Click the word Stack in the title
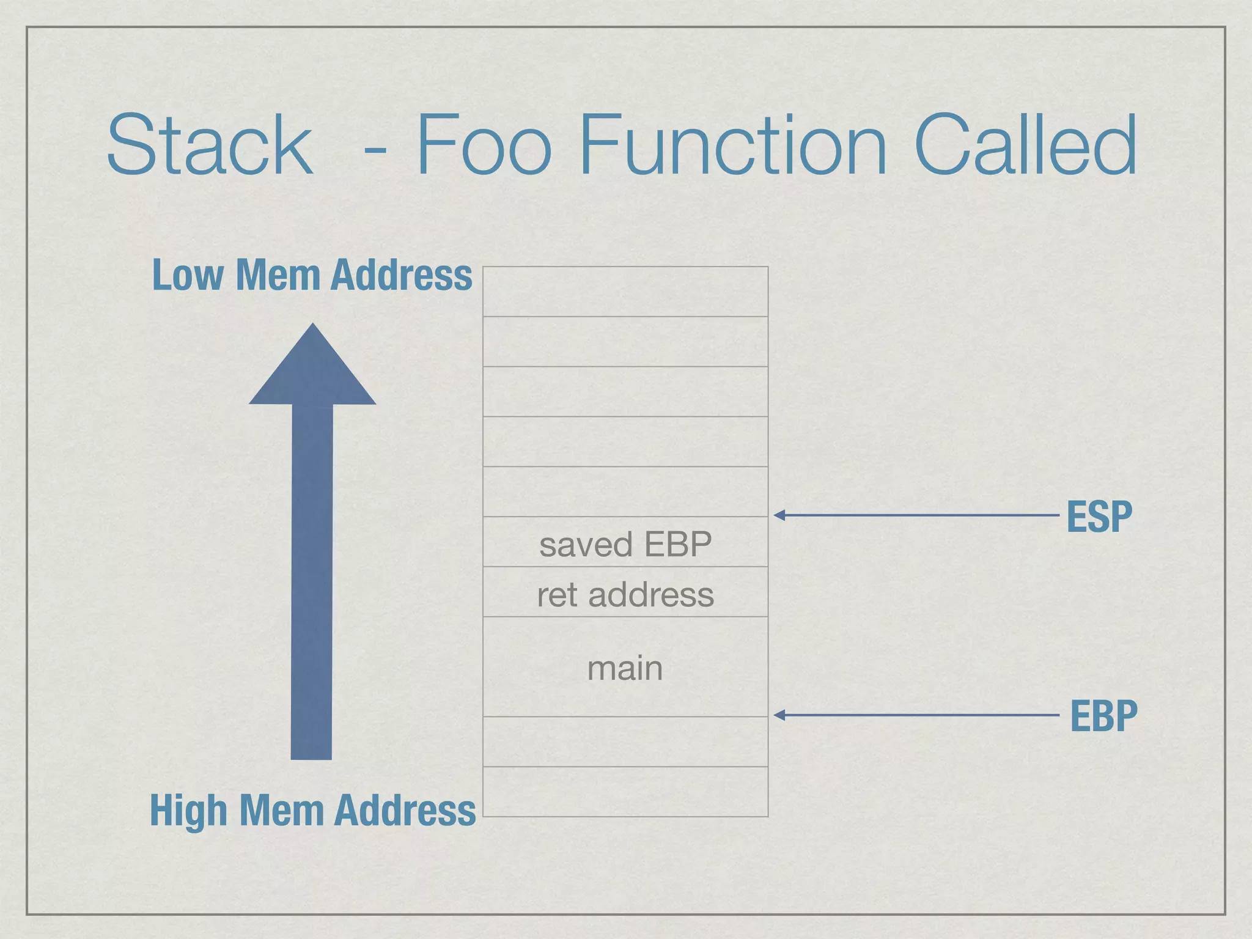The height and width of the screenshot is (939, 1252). pyautogui.click(x=210, y=145)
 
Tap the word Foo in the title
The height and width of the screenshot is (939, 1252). pyautogui.click(x=484, y=145)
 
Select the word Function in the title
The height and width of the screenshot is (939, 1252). pyautogui.click(x=732, y=145)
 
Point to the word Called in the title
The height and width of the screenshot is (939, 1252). pyautogui.click(x=1025, y=145)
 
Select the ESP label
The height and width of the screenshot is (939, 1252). pyautogui.click(x=1099, y=517)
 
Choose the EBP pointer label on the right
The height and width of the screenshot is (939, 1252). pyautogui.click(x=1103, y=715)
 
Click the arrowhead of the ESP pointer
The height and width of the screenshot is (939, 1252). pyautogui.click(x=779, y=515)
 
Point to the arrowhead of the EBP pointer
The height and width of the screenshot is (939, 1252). pyautogui.click(x=779, y=715)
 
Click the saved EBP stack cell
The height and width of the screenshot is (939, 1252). pyautogui.click(x=625, y=542)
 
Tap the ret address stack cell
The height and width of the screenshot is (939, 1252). pyautogui.click(x=625, y=592)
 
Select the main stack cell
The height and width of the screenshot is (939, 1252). pyautogui.click(x=625, y=667)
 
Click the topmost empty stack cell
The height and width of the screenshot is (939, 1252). pyautogui.click(x=625, y=292)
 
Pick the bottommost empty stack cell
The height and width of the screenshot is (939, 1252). pyautogui.click(x=625, y=792)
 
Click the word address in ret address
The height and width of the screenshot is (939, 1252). pyautogui.click(x=651, y=595)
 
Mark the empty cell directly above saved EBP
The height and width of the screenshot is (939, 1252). pyautogui.click(x=625, y=492)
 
